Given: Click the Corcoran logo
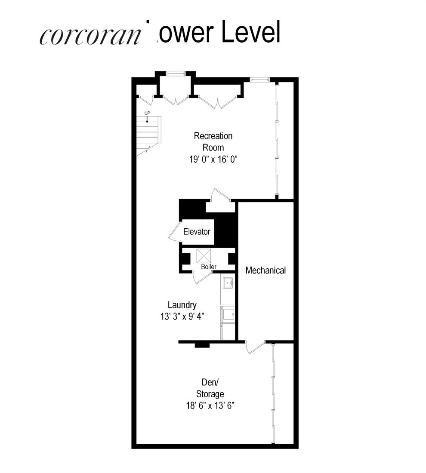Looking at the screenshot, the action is coord(90,37).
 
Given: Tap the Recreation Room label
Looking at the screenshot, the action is coord(213,141).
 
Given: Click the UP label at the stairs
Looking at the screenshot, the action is coord(147,113).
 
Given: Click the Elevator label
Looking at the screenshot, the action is coord(197,232).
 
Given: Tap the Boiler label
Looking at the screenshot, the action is coord(209,267).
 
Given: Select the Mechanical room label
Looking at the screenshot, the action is coord(265,270).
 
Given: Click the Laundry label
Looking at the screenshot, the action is coord(182,305).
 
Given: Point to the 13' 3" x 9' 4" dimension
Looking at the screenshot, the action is coord(181,316).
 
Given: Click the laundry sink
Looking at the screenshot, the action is coord(228,283).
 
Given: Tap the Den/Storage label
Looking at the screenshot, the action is coord(210,387).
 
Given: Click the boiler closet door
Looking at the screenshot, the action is coord(200,278).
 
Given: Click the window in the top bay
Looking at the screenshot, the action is coord(175,74).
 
